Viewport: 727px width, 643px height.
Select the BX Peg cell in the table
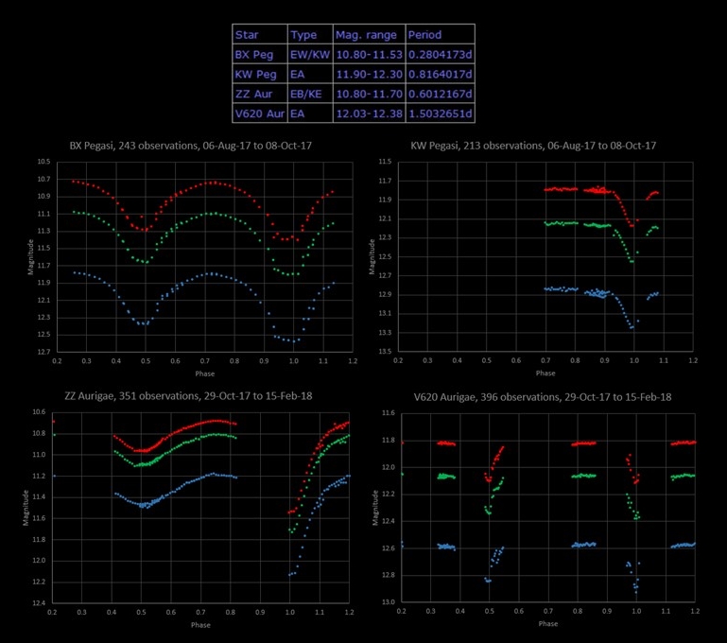(x=253, y=55)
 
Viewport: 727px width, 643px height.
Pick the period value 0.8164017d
(x=439, y=75)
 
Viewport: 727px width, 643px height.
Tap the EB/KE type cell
(x=306, y=95)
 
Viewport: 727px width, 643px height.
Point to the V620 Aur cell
(x=259, y=114)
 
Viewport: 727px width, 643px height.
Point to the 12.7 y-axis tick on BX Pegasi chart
(x=43, y=352)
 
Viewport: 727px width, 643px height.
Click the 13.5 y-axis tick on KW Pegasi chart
(x=385, y=352)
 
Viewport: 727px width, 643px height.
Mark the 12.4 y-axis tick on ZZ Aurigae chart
(x=39, y=603)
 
